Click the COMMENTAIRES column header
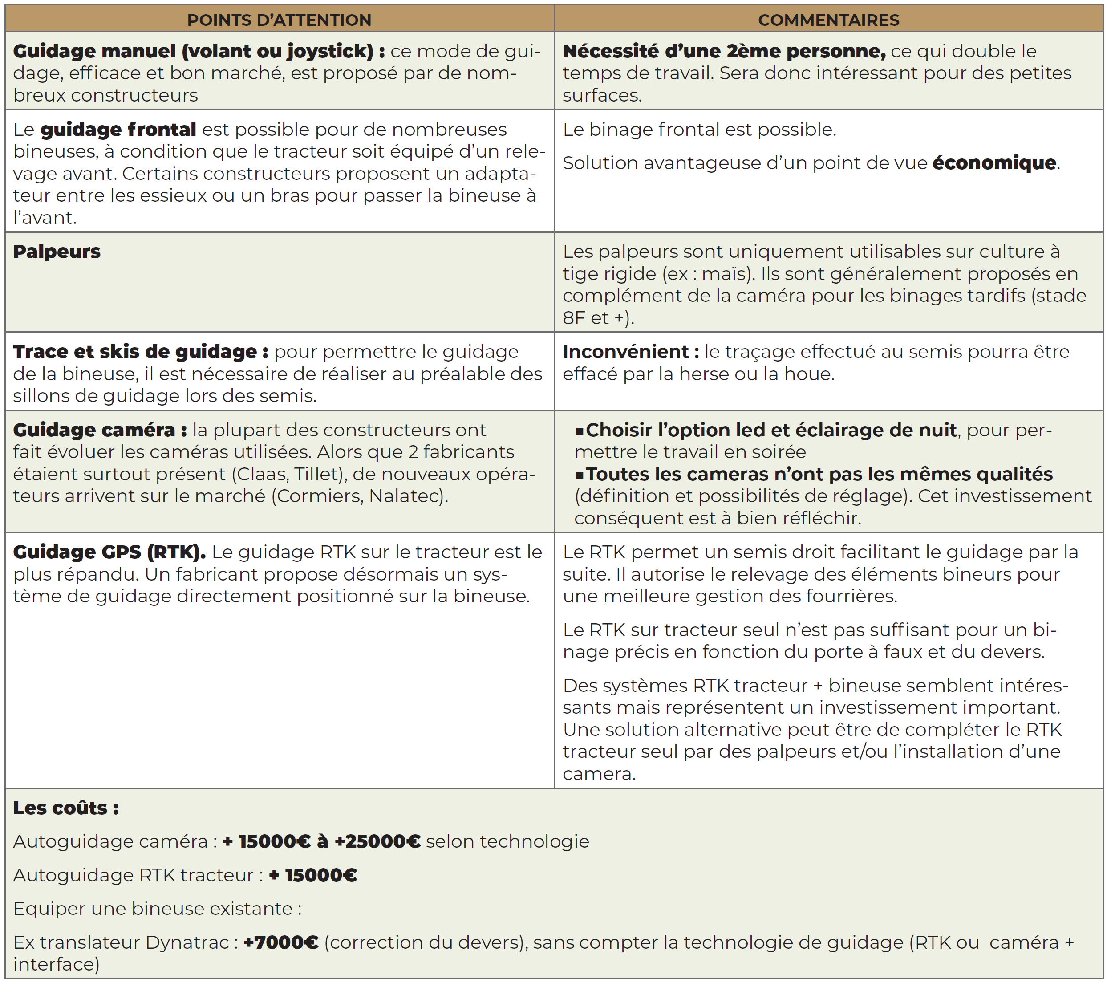828,20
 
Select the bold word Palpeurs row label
57,252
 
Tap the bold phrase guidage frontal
118,130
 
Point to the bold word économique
994,162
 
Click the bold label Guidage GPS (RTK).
109,552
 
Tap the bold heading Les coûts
66,808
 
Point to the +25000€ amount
377,841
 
